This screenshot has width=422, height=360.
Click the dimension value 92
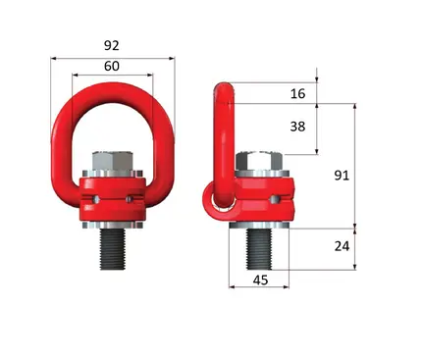pyautogui.click(x=112, y=45)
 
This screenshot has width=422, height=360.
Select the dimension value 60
pyautogui.click(x=112, y=66)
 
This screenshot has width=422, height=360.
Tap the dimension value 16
pyautogui.click(x=297, y=93)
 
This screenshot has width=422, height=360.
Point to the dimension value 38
pyautogui.click(x=297, y=127)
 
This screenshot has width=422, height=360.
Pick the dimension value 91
pyautogui.click(x=342, y=176)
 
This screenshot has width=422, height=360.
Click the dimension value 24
pyautogui.click(x=342, y=246)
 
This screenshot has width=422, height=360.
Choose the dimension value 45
pyautogui.click(x=260, y=281)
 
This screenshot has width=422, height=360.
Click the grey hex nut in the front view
pyautogui.click(x=112, y=161)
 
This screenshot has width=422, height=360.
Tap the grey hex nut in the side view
pyautogui.click(x=259, y=161)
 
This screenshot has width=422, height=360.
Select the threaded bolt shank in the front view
pyautogui.click(x=113, y=249)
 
